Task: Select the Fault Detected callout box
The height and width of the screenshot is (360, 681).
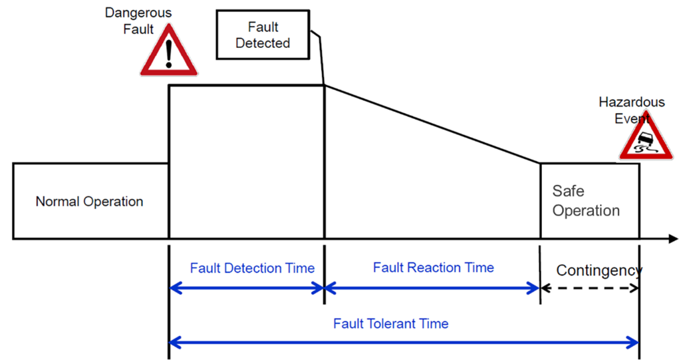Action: (263, 35)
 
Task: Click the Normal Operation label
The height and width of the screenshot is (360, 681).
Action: (89, 202)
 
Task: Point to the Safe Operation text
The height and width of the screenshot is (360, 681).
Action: (586, 201)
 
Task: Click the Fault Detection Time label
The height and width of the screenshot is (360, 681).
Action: (252, 268)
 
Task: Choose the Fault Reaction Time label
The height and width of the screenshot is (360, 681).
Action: (433, 268)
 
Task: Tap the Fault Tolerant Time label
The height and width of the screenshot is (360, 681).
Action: (391, 324)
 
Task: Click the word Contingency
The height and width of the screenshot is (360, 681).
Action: (599, 270)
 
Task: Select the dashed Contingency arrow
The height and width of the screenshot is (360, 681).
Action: (589, 288)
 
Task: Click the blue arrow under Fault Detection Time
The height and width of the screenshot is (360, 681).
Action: (247, 288)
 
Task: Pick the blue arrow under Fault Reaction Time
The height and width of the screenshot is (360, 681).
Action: (432, 288)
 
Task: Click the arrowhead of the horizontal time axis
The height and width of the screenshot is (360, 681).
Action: (673, 238)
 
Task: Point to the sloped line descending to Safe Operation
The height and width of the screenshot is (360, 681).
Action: (432, 124)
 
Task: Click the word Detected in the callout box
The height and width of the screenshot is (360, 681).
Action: (263, 43)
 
